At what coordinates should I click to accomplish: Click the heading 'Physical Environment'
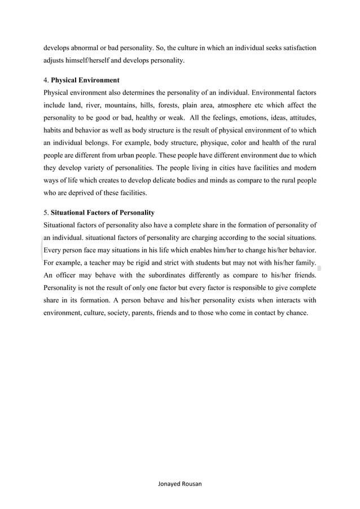[85, 80]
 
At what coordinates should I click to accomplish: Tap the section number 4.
[45, 80]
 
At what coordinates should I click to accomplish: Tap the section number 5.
[45, 213]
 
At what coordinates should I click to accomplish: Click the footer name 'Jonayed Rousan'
[180, 484]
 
